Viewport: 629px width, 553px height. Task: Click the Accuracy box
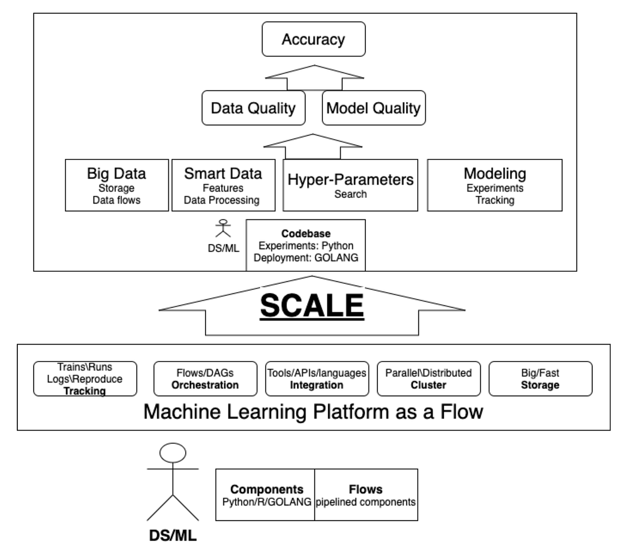[x=313, y=39]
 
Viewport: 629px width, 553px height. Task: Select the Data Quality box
[x=253, y=108]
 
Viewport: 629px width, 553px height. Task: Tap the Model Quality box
[x=373, y=108]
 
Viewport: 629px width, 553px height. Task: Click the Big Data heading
[x=116, y=174]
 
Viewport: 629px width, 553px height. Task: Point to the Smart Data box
[x=223, y=185]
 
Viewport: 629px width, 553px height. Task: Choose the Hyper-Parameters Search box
[x=350, y=185]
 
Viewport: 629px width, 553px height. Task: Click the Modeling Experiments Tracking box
[x=494, y=185]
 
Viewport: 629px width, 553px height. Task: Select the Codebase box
[x=306, y=245]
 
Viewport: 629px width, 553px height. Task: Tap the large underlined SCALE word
[x=312, y=305]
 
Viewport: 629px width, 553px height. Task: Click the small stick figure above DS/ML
[x=223, y=229]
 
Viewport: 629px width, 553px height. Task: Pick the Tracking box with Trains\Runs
[x=85, y=378]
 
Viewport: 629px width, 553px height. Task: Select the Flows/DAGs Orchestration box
[x=205, y=378]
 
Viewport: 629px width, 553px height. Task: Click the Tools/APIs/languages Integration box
[x=317, y=378]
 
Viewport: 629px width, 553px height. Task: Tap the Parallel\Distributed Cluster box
[x=428, y=378]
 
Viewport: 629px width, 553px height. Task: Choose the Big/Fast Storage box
[x=540, y=378]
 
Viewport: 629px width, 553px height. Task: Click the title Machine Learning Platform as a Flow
[x=313, y=411]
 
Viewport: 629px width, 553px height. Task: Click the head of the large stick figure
[x=172, y=453]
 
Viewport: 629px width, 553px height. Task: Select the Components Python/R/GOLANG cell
[x=266, y=495]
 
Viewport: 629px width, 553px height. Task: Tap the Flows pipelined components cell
[x=366, y=495]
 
